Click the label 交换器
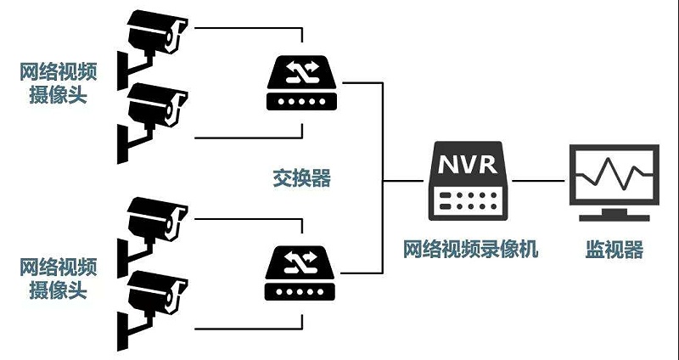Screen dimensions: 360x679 [x=300, y=179]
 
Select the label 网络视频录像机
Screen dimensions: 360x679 [x=469, y=250]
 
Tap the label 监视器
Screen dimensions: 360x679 [x=614, y=250]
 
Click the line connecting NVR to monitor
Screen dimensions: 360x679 [x=538, y=180]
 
